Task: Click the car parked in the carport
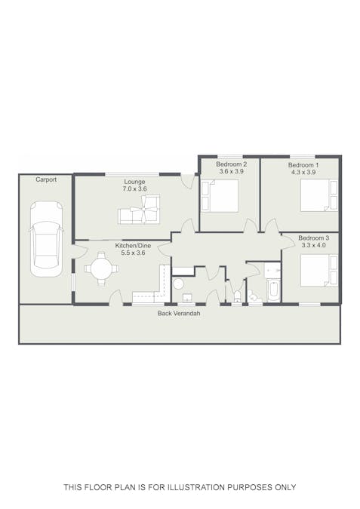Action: click(x=46, y=239)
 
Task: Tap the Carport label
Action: click(x=46, y=179)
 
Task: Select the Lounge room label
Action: click(x=134, y=182)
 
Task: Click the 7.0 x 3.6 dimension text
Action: click(x=134, y=189)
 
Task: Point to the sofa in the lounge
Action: click(x=139, y=210)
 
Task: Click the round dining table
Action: click(x=101, y=268)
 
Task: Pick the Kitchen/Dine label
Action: click(x=133, y=246)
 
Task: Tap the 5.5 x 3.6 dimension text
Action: click(x=133, y=253)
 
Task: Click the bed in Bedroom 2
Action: click(x=220, y=196)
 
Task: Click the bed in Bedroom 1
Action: click(x=319, y=195)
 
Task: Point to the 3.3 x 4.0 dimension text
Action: click(x=313, y=245)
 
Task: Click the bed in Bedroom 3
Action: click(x=319, y=271)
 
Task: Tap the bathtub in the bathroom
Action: click(x=273, y=290)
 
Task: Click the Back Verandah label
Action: click(x=179, y=314)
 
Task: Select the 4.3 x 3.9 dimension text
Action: click(x=303, y=172)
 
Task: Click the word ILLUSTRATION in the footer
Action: click(x=196, y=487)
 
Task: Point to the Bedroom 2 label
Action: click(x=232, y=164)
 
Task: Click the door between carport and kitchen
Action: click(x=80, y=250)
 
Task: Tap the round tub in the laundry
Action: click(x=178, y=284)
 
